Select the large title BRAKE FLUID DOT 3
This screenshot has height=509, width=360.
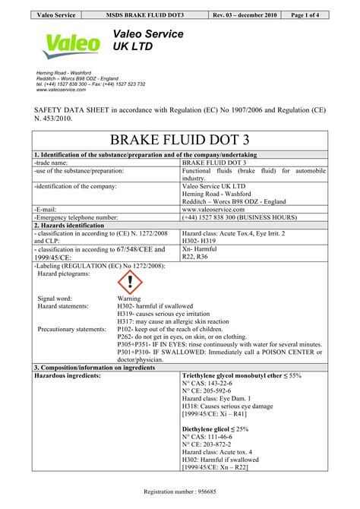tap(180, 141)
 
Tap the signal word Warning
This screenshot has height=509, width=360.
tap(130, 299)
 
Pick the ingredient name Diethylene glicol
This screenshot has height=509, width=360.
tap(210, 429)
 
